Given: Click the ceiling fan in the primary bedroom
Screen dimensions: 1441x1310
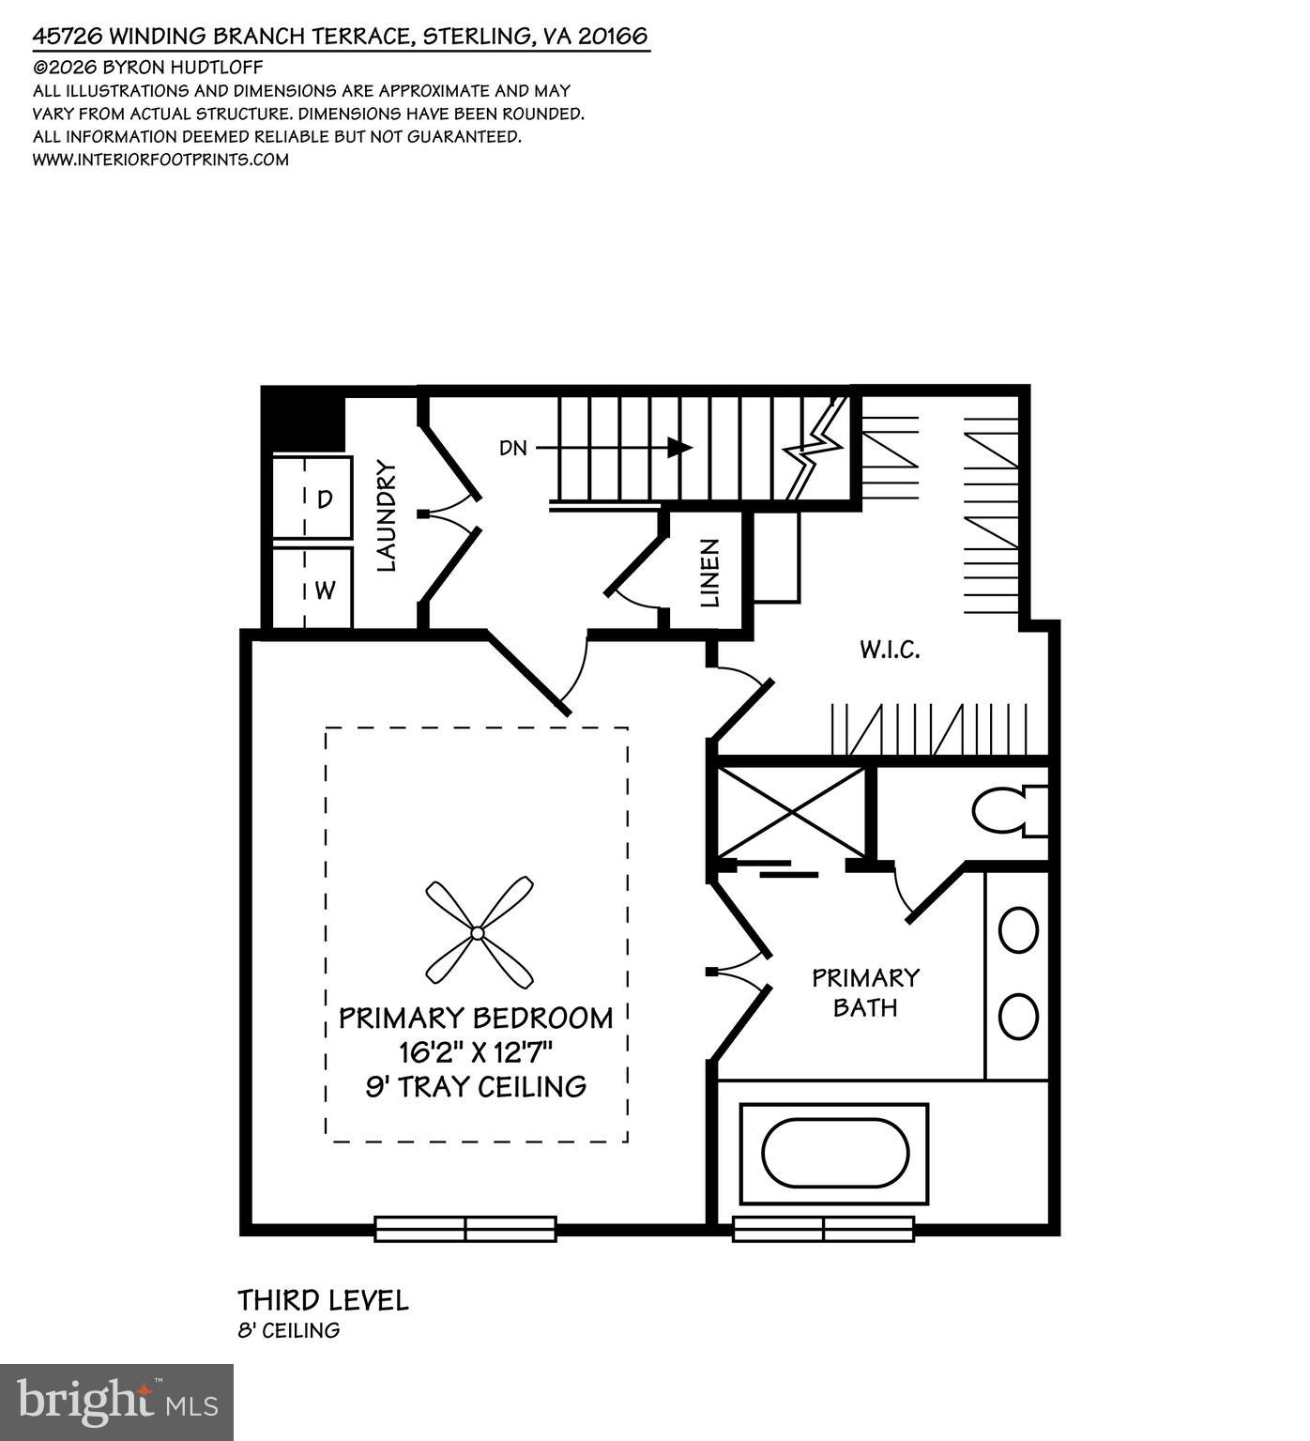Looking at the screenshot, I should click(x=479, y=932).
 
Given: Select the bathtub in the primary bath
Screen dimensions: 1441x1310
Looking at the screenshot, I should click(x=834, y=1153).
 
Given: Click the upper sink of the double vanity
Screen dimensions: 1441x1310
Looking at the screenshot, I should click(x=1018, y=930).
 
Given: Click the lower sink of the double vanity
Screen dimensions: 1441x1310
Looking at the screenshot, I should click(x=1018, y=1017).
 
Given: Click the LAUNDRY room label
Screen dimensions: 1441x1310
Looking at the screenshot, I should click(x=388, y=515).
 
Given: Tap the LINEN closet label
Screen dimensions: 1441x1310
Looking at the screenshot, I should click(x=710, y=573).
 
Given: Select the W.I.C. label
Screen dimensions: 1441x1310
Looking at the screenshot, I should click(x=889, y=650).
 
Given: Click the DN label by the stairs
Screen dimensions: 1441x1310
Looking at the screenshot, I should click(x=513, y=449).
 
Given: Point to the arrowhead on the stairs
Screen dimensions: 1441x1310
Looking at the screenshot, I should click(x=679, y=448).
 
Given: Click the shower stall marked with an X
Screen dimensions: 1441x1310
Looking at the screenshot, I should click(x=791, y=812).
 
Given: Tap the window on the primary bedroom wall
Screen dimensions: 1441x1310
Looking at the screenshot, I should click(x=465, y=1229).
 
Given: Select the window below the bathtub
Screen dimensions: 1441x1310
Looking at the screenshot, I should click(x=823, y=1229).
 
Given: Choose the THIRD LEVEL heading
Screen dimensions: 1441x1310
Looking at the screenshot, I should click(x=323, y=1300).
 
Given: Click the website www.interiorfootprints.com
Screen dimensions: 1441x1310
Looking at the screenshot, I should click(x=160, y=160).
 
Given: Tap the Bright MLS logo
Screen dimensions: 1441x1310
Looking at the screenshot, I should click(x=116, y=1402).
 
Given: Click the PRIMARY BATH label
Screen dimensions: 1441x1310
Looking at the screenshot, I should click(x=865, y=992).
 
